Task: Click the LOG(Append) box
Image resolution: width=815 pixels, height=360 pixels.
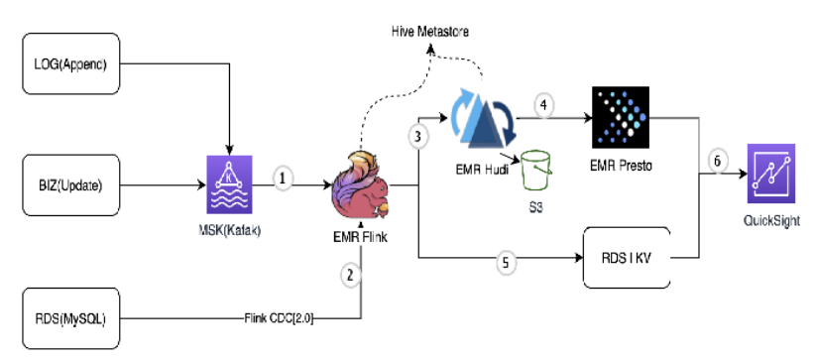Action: tap(71, 63)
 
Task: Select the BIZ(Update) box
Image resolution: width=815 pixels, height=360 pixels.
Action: tap(71, 184)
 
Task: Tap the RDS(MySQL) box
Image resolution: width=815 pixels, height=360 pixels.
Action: tap(71, 318)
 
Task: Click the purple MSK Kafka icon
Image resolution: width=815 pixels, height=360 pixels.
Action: tap(229, 184)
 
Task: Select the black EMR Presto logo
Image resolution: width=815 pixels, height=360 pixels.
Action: tap(621, 118)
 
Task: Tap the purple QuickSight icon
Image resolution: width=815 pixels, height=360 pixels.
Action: tap(771, 174)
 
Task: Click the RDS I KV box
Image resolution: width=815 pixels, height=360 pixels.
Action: tap(627, 258)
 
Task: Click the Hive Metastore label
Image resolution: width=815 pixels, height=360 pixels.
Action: tap(430, 32)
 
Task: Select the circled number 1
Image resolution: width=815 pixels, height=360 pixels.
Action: tap(283, 178)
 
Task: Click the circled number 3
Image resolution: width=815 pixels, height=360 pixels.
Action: tap(418, 137)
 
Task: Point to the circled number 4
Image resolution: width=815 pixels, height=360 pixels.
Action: tap(543, 104)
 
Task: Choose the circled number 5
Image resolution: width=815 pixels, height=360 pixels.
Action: tap(506, 263)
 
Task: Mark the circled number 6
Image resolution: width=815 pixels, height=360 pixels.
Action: tap(718, 161)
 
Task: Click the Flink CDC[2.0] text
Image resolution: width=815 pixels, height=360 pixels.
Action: tap(279, 318)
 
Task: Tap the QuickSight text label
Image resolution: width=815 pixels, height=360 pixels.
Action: tap(771, 221)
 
